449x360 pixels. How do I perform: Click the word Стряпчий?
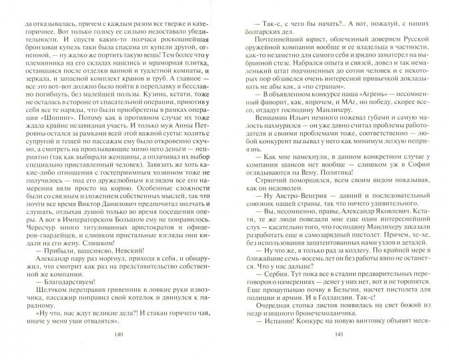(272, 198)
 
